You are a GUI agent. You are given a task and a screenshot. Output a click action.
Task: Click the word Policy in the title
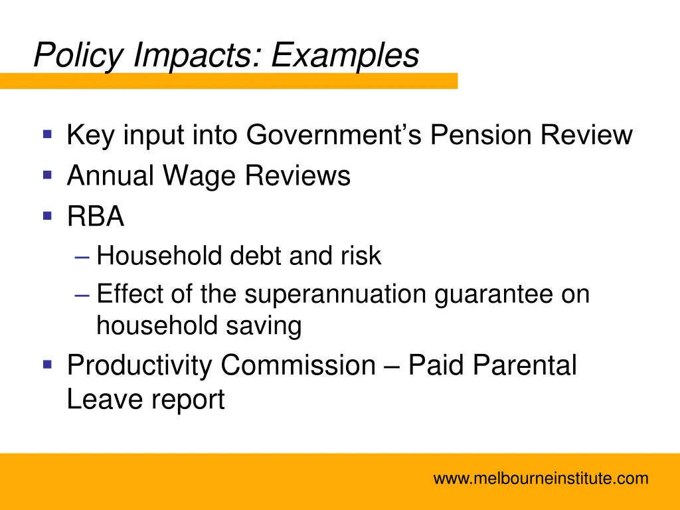coord(78,56)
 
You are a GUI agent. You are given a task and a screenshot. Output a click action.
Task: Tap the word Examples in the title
coord(345,56)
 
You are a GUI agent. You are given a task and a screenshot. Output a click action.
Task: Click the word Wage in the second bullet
coord(201,176)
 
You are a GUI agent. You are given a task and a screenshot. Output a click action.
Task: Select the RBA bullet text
coord(96,216)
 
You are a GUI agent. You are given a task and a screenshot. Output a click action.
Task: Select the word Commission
coord(298,365)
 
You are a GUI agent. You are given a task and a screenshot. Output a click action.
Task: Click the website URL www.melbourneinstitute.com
coord(541,478)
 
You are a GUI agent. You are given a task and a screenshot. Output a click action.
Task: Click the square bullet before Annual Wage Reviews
coord(47,175)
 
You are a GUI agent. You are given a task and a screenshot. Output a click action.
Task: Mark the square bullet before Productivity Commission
coord(47,364)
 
